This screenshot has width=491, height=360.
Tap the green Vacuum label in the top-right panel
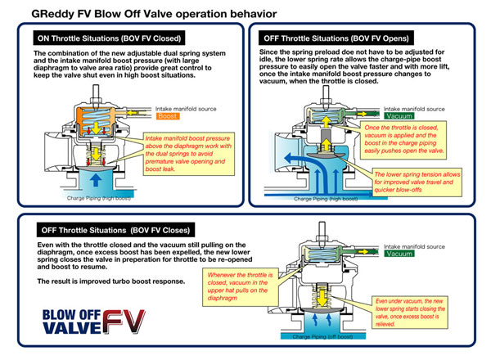[418, 117]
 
